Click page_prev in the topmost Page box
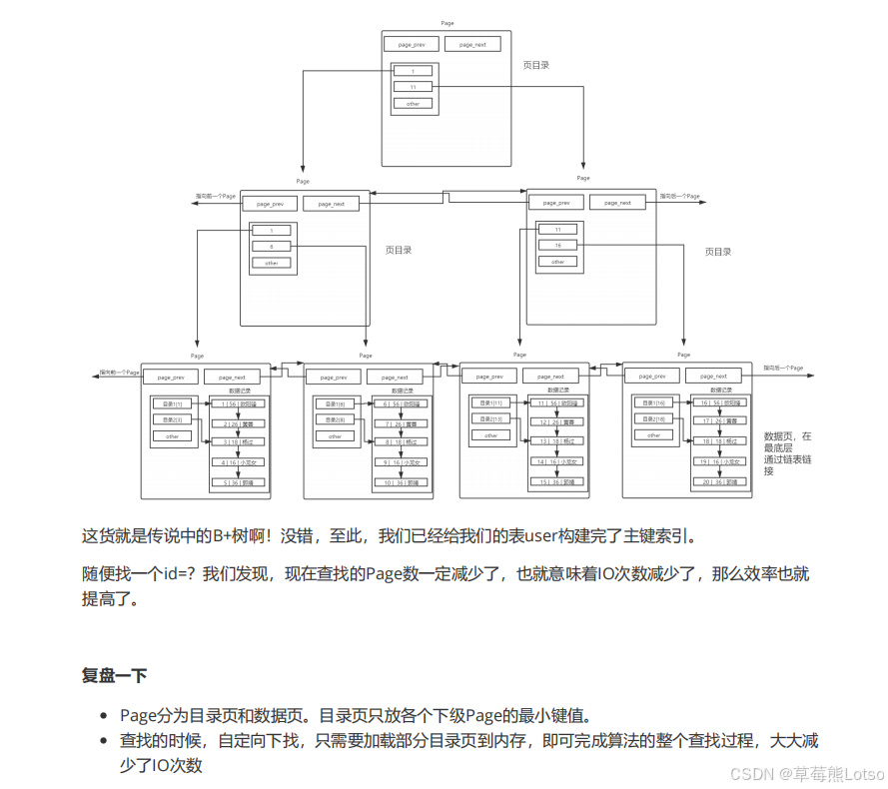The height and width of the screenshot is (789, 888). coord(413,45)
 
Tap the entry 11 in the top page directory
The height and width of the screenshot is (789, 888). coord(413,87)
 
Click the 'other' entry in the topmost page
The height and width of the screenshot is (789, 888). coord(413,104)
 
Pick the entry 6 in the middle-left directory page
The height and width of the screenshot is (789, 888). coord(271,246)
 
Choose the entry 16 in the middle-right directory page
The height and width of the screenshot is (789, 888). coord(557,245)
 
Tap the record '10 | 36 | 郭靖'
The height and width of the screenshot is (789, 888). coord(394,481)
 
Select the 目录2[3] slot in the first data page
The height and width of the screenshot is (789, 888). coord(171,419)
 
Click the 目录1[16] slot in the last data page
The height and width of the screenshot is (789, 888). coord(654,402)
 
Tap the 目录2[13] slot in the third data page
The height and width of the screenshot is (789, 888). coord(489,419)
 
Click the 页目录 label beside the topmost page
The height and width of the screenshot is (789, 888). coord(536,65)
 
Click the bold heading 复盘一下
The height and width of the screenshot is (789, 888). coord(114,676)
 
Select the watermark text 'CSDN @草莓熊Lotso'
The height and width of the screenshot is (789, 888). coord(806,774)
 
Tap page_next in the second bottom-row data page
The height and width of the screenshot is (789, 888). coord(394,378)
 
